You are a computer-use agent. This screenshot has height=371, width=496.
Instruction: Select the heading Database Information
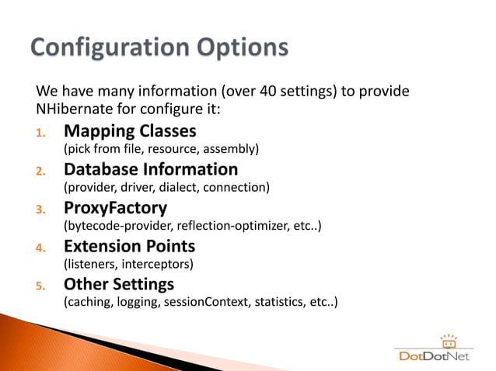(x=151, y=169)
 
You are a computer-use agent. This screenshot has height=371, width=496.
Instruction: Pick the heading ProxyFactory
(x=116, y=208)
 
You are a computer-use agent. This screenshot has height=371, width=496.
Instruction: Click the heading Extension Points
(x=129, y=246)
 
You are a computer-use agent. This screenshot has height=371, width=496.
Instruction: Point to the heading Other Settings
(x=119, y=284)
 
